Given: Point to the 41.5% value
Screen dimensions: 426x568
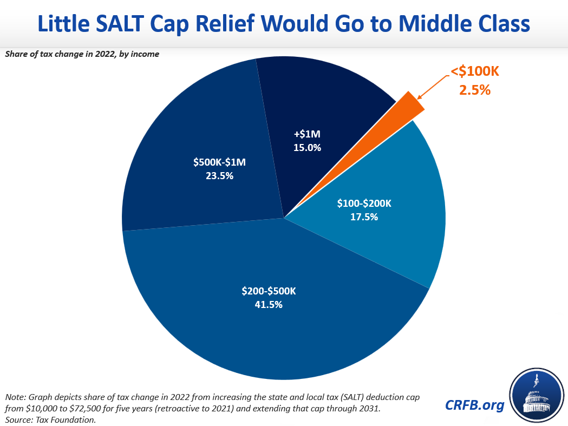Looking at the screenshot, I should click(268, 304).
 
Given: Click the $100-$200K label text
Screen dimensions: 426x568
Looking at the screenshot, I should click(363, 204).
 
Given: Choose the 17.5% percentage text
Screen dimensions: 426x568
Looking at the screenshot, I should click(363, 217).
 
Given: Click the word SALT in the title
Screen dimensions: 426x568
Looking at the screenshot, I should click(135, 25).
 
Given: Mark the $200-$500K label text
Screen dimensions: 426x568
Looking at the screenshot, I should click(268, 291).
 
